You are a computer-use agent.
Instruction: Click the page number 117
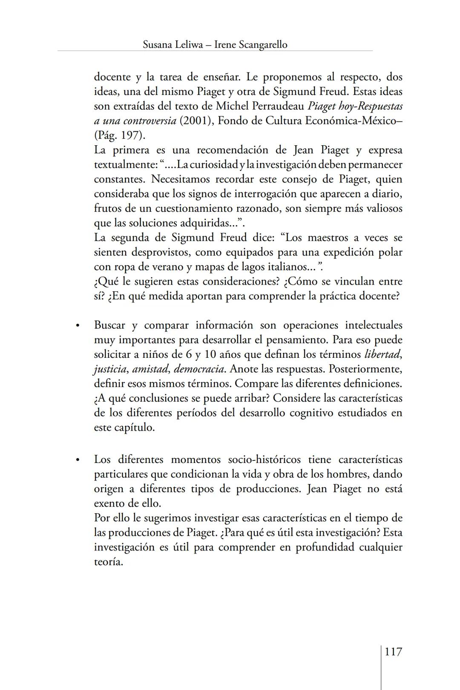click(x=393, y=652)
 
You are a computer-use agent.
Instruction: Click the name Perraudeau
click(x=276, y=106)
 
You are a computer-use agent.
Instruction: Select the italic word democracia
click(x=199, y=369)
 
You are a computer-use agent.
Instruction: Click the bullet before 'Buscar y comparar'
click(x=78, y=326)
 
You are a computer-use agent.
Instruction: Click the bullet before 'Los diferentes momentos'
click(x=78, y=460)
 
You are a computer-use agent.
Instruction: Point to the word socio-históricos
click(x=264, y=460)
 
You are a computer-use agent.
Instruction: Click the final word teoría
click(x=108, y=562)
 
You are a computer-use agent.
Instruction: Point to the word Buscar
click(x=109, y=325)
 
